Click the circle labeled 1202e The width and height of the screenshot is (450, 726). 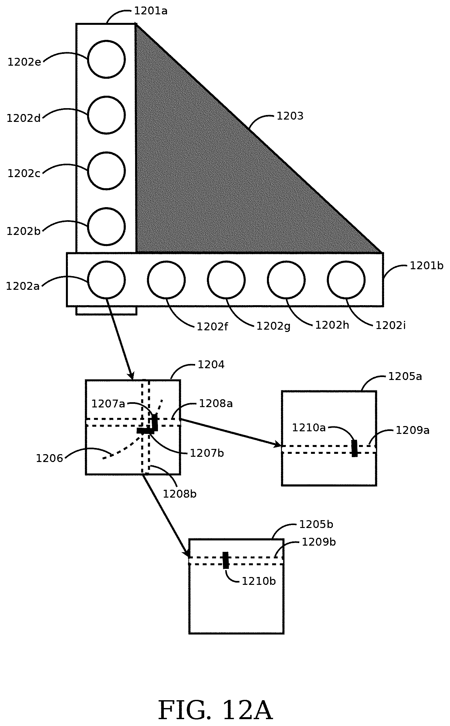106,59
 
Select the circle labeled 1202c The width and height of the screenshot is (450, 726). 106,170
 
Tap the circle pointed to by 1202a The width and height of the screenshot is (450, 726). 106,280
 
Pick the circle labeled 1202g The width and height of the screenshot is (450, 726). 226,280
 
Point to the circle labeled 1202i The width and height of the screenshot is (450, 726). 346,280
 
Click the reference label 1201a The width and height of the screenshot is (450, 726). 151,11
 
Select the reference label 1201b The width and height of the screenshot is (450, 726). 427,266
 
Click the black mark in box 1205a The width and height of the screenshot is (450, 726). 354,448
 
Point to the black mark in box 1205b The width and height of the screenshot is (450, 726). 225,560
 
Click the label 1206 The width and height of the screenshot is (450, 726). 49,458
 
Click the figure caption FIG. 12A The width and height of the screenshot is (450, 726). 215,711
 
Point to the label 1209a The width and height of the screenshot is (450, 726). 412,430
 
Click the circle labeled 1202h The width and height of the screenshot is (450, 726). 286,280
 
